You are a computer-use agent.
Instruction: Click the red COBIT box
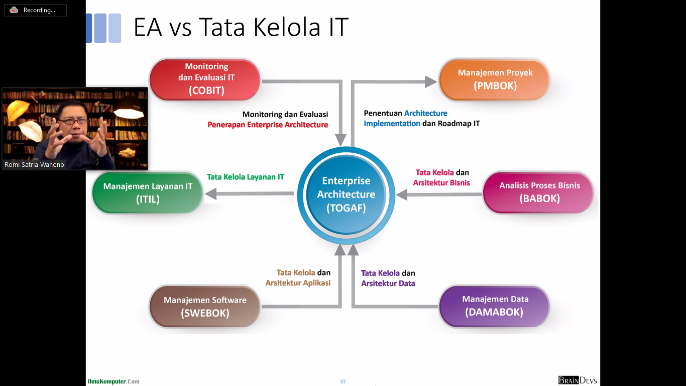click(205, 80)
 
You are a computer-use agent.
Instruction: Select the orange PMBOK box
click(494, 80)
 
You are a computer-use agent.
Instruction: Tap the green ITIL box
click(148, 192)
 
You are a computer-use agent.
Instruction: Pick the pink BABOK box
click(538, 192)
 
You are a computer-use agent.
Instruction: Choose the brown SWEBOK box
click(205, 306)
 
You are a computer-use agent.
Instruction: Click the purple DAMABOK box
click(494, 306)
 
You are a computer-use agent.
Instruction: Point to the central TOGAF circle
click(346, 196)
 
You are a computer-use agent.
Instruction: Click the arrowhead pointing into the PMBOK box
click(431, 82)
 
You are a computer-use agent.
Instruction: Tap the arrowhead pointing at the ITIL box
click(211, 194)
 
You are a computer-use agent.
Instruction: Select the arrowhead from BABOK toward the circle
click(401, 195)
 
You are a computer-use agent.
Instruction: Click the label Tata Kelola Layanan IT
click(246, 177)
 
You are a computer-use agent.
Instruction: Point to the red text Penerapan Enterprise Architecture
click(268, 125)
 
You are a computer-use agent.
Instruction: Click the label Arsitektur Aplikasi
click(298, 282)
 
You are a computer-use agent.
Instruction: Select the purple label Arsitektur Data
click(388, 283)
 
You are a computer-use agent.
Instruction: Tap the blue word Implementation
click(392, 124)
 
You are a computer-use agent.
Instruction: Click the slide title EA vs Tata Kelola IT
click(241, 27)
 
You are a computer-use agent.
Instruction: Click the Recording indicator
click(35, 10)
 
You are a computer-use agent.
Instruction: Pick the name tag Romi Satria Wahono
click(34, 165)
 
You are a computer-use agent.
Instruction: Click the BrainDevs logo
click(578, 380)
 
